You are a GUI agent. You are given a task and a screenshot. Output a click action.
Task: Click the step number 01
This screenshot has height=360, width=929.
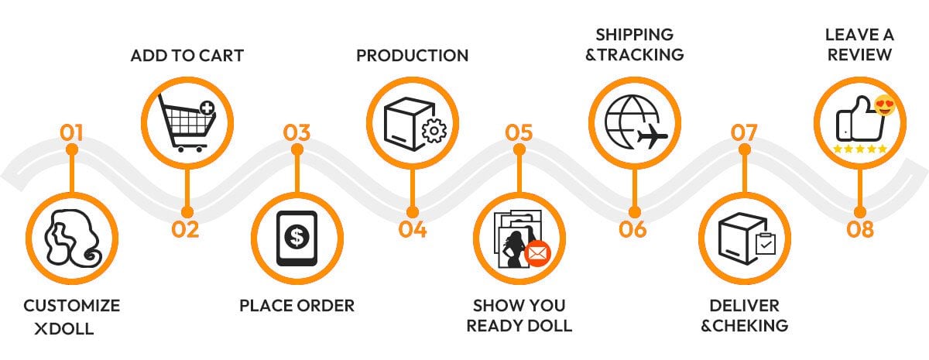coord(71,132)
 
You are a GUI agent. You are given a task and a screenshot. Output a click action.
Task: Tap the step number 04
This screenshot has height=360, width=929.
coord(413,229)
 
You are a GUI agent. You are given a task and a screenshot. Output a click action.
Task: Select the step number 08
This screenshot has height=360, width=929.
coord(860,229)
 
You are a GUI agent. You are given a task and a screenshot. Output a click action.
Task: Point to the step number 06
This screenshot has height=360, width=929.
coord(632,229)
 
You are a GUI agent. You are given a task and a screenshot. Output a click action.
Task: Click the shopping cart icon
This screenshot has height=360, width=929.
coord(184,122)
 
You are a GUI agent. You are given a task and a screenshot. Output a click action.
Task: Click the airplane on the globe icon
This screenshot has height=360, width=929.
coord(651,139)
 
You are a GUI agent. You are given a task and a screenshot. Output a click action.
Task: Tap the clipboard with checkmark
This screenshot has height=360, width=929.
coord(766,243)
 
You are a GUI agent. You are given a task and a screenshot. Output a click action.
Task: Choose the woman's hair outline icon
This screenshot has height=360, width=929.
coord(70,238)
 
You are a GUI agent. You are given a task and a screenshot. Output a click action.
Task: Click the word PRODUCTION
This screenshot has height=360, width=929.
coord(412,56)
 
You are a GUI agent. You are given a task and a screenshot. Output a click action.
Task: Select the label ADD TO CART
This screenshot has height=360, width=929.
coord(187,56)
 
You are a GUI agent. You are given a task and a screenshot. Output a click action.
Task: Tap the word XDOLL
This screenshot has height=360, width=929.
coord(64,328)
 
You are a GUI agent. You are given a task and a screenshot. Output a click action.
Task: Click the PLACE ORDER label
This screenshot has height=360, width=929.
coord(297,305)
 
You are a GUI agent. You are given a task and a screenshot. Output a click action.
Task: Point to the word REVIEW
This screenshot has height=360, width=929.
coord(858,54)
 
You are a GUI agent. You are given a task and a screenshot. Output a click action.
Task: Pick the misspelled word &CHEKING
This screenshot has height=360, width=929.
coord(744,325)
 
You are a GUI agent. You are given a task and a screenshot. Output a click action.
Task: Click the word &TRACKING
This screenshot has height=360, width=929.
coord(634,54)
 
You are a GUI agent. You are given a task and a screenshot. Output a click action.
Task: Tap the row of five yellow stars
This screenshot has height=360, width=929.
coord(860,149)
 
